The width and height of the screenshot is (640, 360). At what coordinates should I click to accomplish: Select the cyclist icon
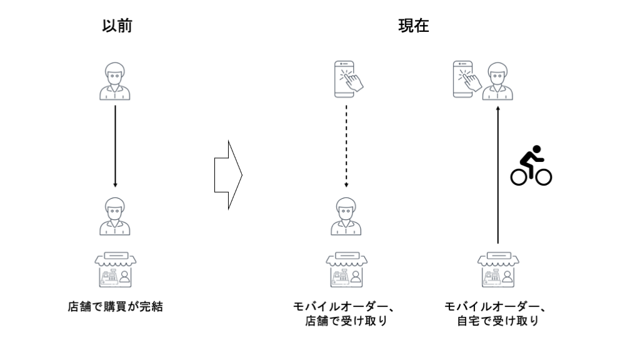[531, 166]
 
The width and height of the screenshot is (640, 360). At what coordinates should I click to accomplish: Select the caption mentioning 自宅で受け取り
[497, 314]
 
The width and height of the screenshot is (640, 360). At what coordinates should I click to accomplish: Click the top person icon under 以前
[116, 81]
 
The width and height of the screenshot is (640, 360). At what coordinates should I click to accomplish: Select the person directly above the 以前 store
[116, 216]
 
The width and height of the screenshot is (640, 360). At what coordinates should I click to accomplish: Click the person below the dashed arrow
[346, 216]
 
